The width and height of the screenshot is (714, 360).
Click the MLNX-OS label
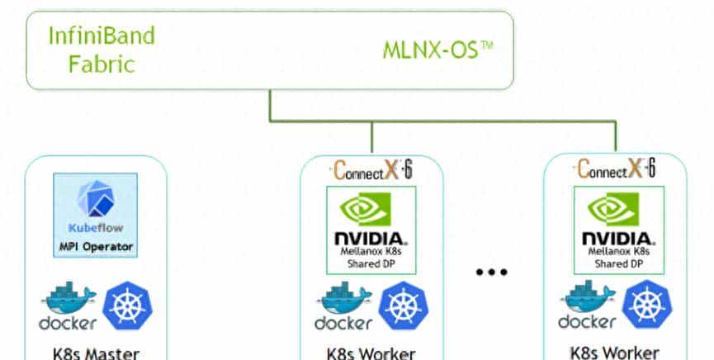click(x=437, y=50)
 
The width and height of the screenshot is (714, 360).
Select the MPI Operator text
click(x=96, y=246)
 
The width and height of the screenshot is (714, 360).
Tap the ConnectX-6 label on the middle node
click(x=371, y=171)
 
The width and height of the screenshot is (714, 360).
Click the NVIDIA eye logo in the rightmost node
click(x=616, y=210)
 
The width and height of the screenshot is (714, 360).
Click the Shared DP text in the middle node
click(x=371, y=264)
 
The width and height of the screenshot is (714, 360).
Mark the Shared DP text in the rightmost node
click(x=616, y=264)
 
